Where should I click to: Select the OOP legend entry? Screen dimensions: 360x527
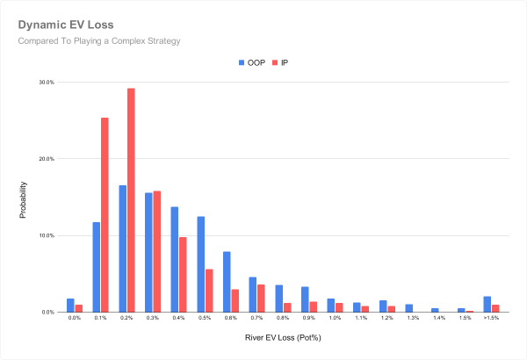click(x=253, y=63)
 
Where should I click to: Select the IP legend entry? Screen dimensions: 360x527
click(x=280, y=63)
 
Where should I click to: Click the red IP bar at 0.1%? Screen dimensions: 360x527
click(x=105, y=215)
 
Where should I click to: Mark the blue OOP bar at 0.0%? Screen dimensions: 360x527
click(x=70, y=306)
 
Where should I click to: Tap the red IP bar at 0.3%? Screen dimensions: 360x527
click(x=157, y=252)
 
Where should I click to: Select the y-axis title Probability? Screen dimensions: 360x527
click(x=24, y=198)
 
